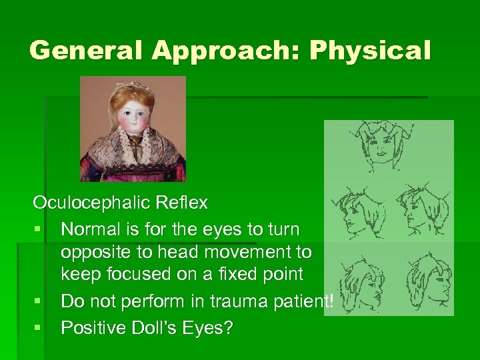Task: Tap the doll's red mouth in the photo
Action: point(133,129)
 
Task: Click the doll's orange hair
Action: point(133,97)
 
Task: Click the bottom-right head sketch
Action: point(427,276)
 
